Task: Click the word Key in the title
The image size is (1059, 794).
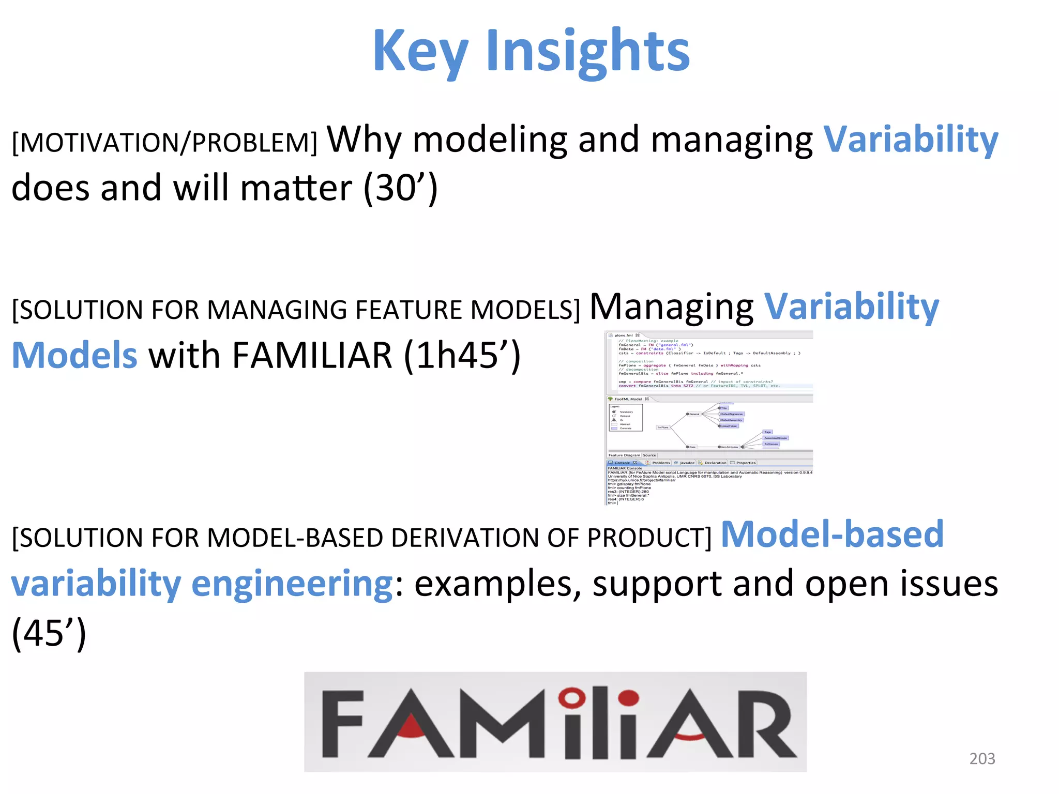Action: pyautogui.click(x=420, y=52)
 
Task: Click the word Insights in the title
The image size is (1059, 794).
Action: pyautogui.click(x=587, y=52)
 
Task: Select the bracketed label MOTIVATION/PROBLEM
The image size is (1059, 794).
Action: pyautogui.click(x=164, y=143)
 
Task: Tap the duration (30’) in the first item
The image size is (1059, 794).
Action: pyautogui.click(x=401, y=188)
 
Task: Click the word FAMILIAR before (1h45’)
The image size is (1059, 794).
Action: pyautogui.click(x=312, y=356)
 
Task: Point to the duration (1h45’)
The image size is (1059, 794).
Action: pyautogui.click(x=462, y=356)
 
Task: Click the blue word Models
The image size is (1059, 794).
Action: pyautogui.click(x=74, y=356)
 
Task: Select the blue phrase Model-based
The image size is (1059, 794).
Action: pyautogui.click(x=832, y=534)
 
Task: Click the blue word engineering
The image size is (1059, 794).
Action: pyautogui.click(x=292, y=583)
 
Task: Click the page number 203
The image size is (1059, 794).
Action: pyautogui.click(x=982, y=758)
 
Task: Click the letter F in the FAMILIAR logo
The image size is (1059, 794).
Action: pyautogui.click(x=342, y=724)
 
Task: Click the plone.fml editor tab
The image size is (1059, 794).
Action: pyautogui.click(x=624, y=335)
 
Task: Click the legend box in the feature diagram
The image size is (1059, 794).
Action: pyautogui.click(x=626, y=418)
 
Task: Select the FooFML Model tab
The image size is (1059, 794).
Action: pyautogui.click(x=628, y=399)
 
